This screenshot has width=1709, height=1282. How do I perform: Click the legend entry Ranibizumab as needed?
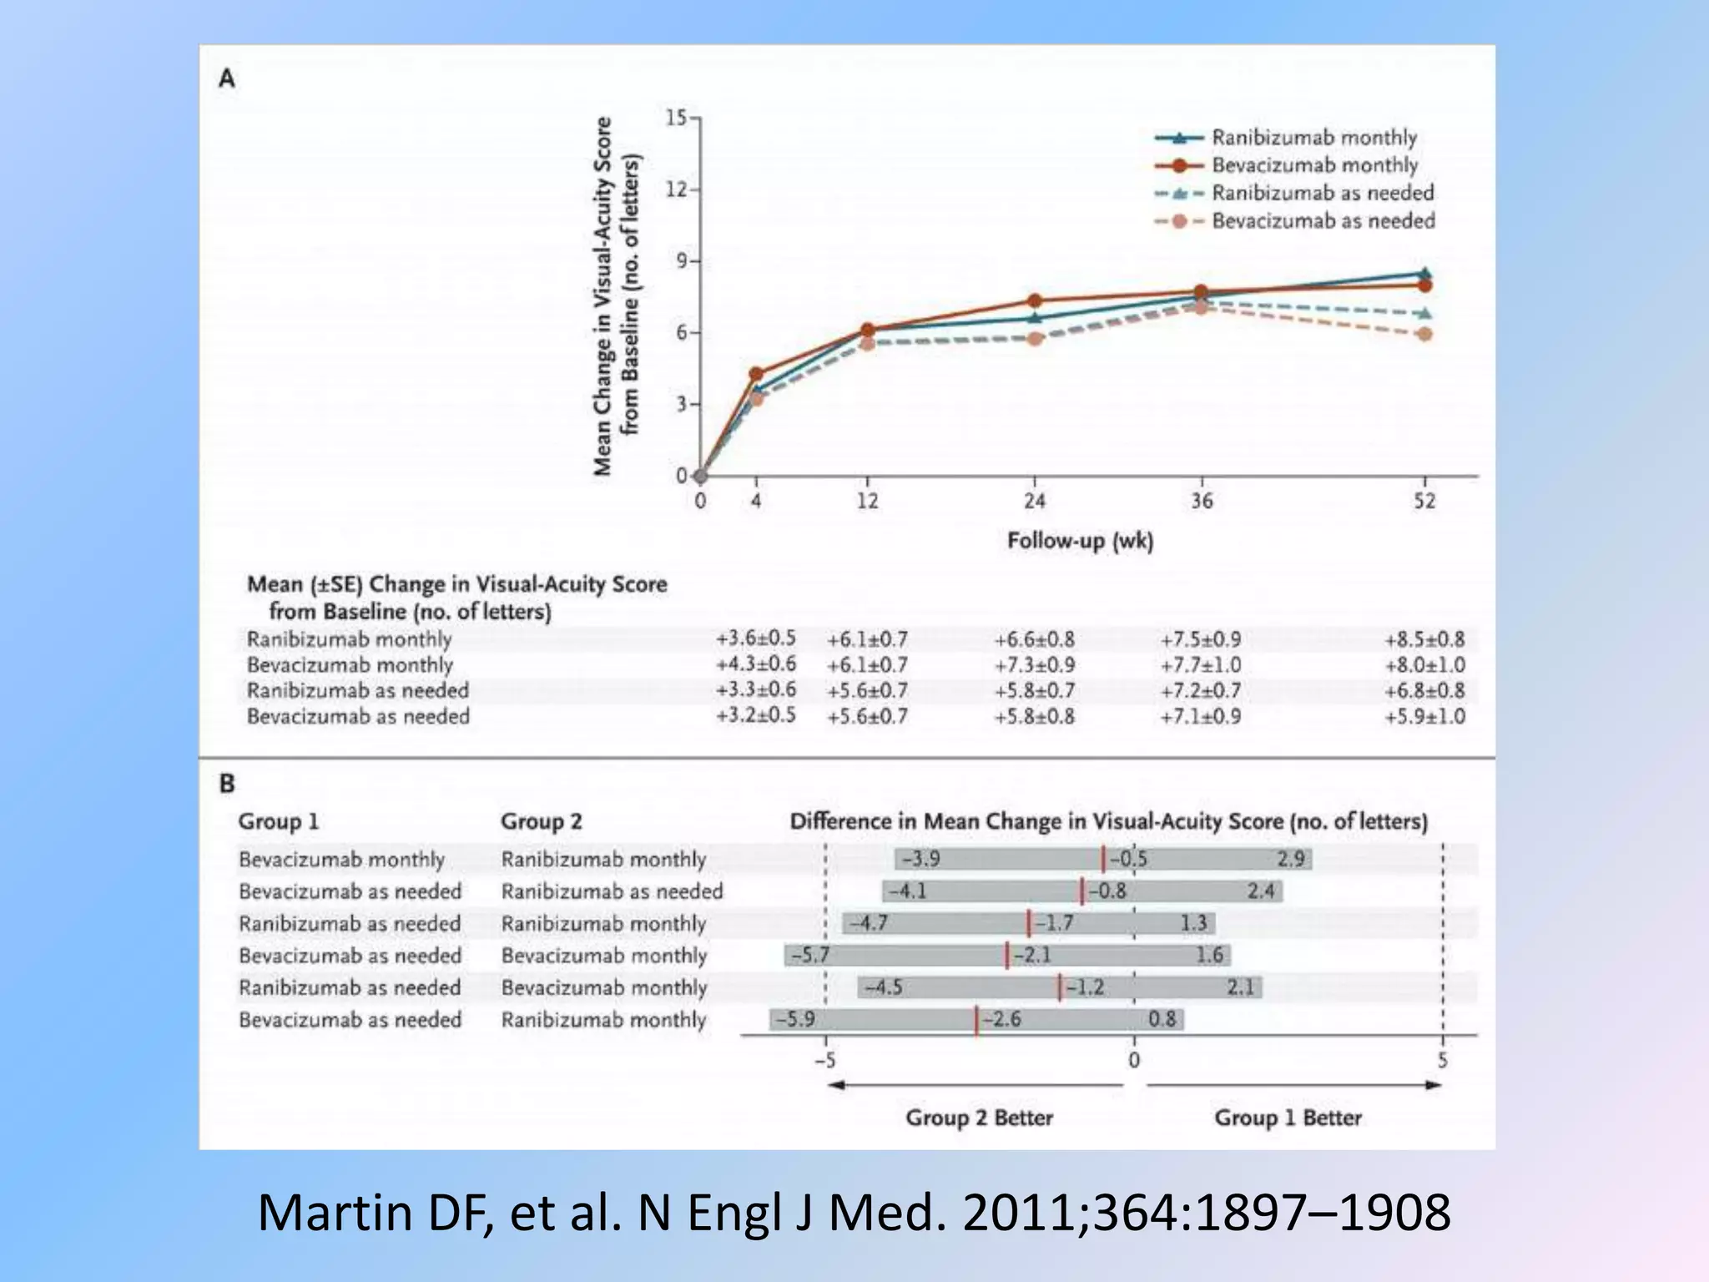point(1322,193)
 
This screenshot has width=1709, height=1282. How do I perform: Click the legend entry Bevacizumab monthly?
point(1314,165)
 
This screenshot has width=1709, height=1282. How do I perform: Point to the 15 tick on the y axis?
point(676,118)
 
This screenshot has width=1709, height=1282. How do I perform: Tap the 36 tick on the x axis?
point(1201,501)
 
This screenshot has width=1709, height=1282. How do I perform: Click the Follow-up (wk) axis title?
point(1080,541)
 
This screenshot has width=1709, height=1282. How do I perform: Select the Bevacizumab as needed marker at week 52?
point(1424,334)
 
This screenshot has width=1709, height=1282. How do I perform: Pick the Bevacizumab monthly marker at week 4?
point(756,374)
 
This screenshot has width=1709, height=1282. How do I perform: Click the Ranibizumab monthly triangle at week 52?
point(1424,273)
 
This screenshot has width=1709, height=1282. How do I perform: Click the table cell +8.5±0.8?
point(1424,640)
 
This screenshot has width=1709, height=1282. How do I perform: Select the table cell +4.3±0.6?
point(755,664)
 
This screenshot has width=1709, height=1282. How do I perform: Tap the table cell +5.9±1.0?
point(1424,716)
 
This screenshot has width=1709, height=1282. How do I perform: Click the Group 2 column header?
point(541,821)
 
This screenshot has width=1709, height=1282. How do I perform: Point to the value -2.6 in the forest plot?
point(1002,1019)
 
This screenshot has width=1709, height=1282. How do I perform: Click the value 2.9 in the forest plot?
point(1290,859)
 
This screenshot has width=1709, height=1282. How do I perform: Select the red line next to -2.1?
point(1007,955)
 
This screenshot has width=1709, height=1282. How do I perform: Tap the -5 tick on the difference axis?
point(824,1060)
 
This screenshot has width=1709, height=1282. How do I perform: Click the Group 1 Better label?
point(1288,1118)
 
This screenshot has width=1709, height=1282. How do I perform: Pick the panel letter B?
point(227,784)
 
